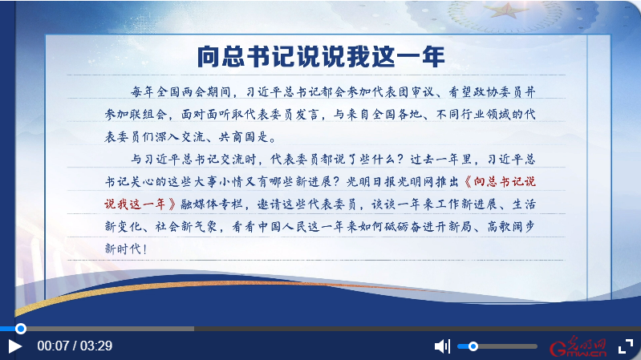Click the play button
(x=14, y=346)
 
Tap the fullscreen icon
(x=626, y=346)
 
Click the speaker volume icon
(x=442, y=346)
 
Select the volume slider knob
(x=473, y=346)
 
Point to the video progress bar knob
(x=20, y=329)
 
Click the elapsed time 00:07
(x=53, y=346)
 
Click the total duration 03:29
(x=96, y=346)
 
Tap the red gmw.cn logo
(x=578, y=347)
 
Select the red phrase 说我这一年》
(x=140, y=204)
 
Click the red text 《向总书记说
(x=499, y=181)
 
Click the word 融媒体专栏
(x=212, y=204)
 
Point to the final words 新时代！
(x=126, y=249)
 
